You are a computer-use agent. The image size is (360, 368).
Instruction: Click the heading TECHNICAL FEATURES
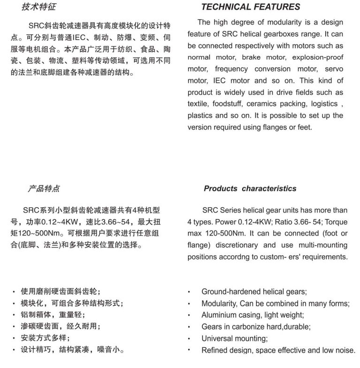250,7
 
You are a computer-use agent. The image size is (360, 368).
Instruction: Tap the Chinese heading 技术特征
39,7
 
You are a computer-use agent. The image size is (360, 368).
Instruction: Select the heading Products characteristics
250,188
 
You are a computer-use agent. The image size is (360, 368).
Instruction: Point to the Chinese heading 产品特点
43,188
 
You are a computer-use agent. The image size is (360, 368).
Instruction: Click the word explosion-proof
318,57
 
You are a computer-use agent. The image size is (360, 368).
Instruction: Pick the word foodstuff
227,104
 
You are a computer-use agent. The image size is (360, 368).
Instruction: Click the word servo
334,69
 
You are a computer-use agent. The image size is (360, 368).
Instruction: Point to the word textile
198,104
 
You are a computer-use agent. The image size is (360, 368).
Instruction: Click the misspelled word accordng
258,257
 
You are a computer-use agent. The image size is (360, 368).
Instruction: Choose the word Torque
337,222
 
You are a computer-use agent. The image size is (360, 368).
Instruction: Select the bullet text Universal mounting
234,338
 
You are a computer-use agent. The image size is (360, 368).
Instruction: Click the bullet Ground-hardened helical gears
254,292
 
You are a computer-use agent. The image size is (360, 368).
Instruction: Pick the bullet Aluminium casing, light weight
253,315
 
